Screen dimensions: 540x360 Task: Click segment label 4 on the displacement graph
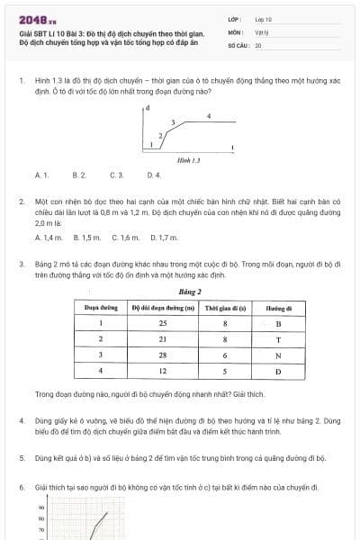pyautogui.click(x=209, y=116)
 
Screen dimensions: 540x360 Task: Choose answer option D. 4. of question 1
pyautogui.click(x=153, y=174)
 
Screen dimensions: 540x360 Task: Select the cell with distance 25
pyautogui.click(x=163, y=323)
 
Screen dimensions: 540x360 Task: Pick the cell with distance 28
pyautogui.click(x=163, y=355)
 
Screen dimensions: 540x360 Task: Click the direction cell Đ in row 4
pyautogui.click(x=279, y=370)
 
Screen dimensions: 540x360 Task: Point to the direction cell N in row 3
pyautogui.click(x=279, y=355)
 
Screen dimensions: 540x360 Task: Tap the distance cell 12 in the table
pyautogui.click(x=163, y=370)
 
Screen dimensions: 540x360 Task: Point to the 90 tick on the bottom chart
pyautogui.click(x=28, y=508)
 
